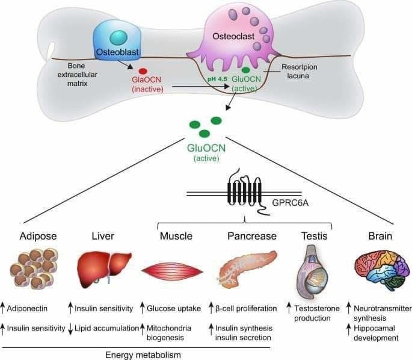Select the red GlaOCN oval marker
click(x=143, y=70)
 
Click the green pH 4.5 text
click(x=217, y=79)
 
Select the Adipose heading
click(x=31, y=236)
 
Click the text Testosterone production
click(x=313, y=314)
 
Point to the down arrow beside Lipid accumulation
click(x=71, y=328)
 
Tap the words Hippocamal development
click(x=377, y=333)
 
